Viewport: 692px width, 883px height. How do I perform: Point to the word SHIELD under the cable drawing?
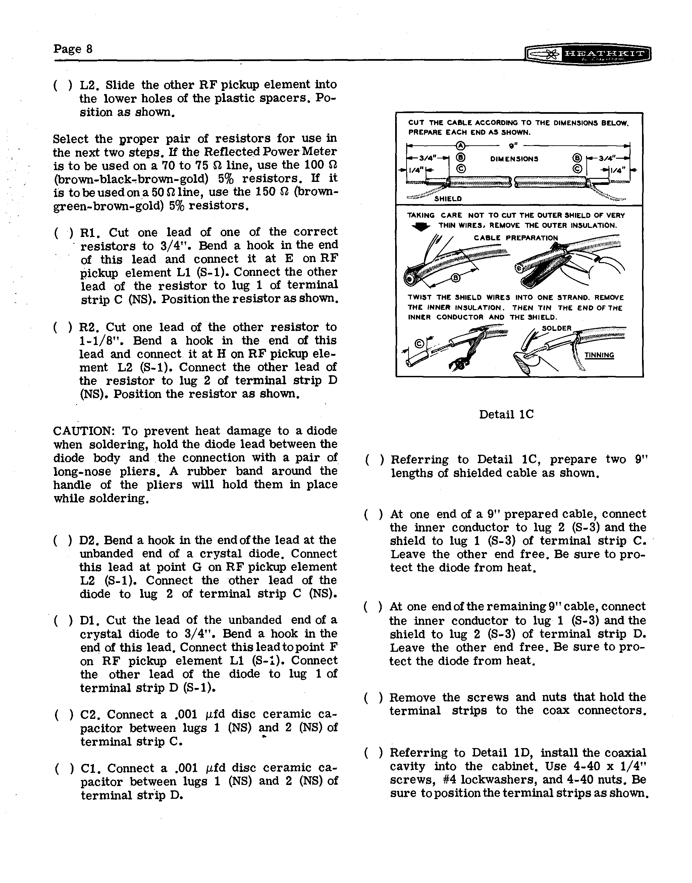448,199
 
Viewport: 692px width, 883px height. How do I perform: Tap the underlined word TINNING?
599,355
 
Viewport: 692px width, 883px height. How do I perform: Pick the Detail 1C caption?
506,414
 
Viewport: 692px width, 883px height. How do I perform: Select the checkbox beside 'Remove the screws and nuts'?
373,697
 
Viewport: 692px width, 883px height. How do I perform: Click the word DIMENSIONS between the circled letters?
514,159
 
